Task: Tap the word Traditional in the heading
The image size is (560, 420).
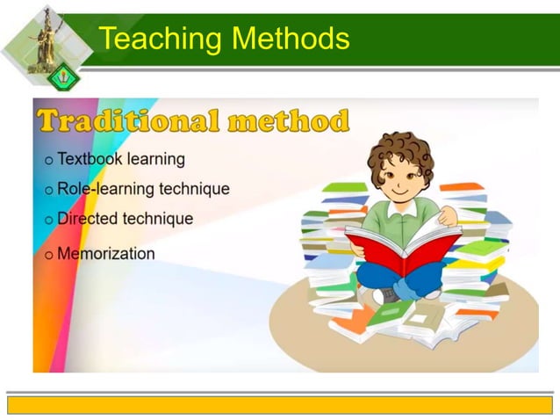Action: tap(128, 120)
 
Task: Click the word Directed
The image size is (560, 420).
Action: tap(86, 218)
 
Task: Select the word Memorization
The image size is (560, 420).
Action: tap(105, 253)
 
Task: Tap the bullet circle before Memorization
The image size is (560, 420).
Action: tap(49, 255)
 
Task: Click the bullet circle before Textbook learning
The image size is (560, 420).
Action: tap(49, 161)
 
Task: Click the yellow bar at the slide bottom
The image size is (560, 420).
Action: tap(280, 404)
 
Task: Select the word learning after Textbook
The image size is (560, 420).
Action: tap(157, 159)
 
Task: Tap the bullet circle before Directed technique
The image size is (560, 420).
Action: tap(49, 220)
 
